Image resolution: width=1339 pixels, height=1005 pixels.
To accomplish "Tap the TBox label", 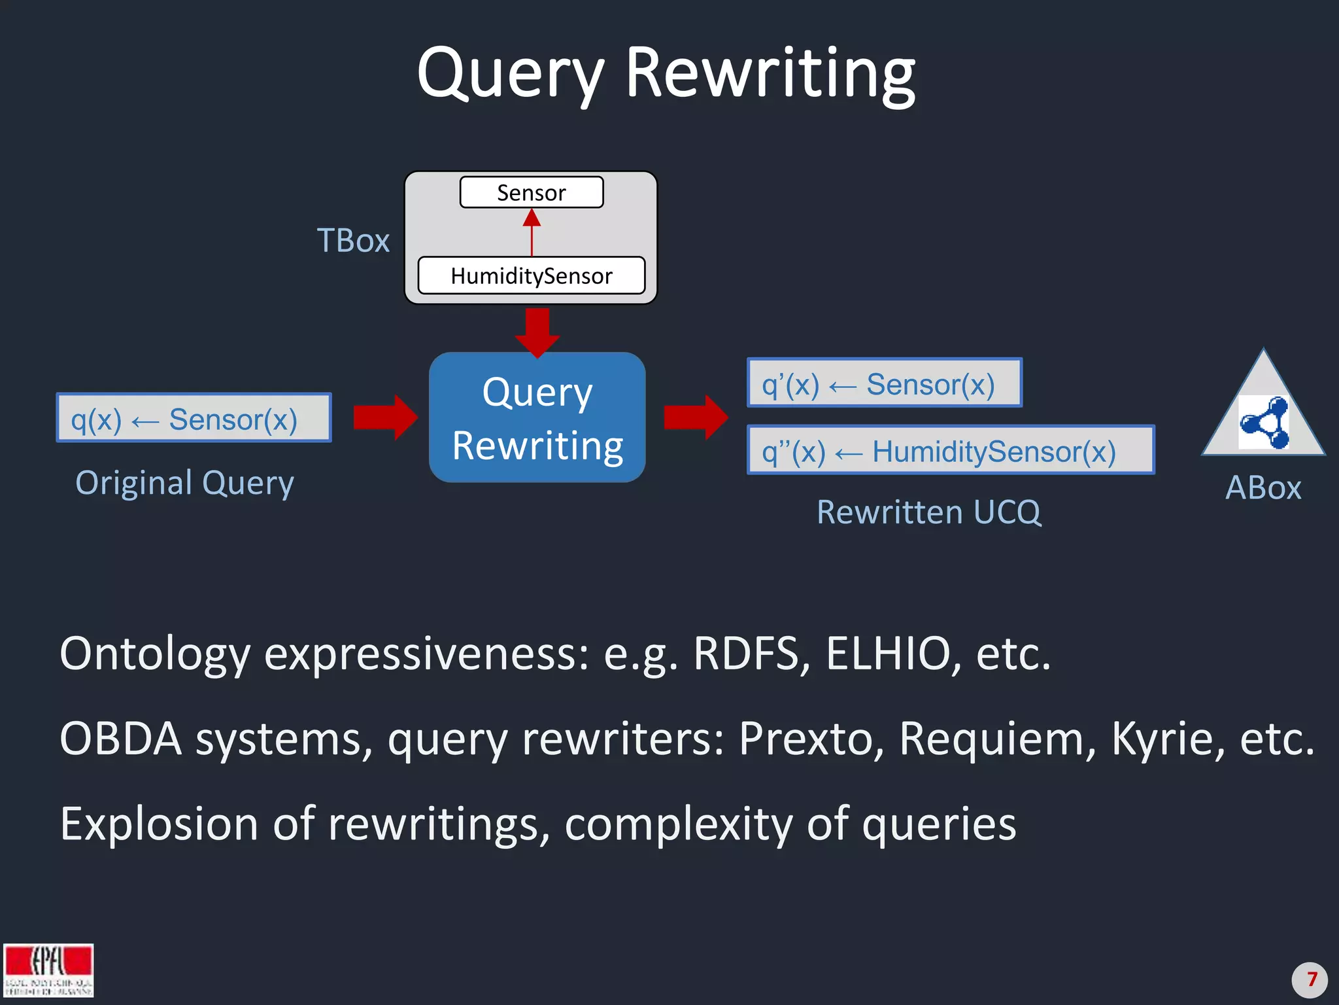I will [353, 241].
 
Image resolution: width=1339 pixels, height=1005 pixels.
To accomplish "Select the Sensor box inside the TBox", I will [532, 192].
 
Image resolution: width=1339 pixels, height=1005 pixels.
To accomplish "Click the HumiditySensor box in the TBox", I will [532, 275].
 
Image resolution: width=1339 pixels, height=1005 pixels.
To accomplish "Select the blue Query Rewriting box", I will [537, 418].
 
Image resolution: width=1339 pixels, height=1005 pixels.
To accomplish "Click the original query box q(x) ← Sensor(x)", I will [194, 418].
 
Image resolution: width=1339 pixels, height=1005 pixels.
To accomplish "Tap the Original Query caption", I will [184, 484].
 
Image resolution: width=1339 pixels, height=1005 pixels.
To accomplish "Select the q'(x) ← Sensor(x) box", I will [884, 383].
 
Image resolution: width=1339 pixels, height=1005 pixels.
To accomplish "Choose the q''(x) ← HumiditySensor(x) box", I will [951, 451].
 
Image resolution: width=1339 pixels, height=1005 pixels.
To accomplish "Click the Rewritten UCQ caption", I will [928, 512].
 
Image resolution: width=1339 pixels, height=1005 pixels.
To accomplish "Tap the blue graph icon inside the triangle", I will [1264, 423].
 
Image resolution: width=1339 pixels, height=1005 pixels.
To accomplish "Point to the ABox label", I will [1263, 488].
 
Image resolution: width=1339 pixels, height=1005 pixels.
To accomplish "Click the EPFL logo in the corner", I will [48, 970].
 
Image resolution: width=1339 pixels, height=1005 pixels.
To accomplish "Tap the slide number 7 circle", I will [1309, 979].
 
